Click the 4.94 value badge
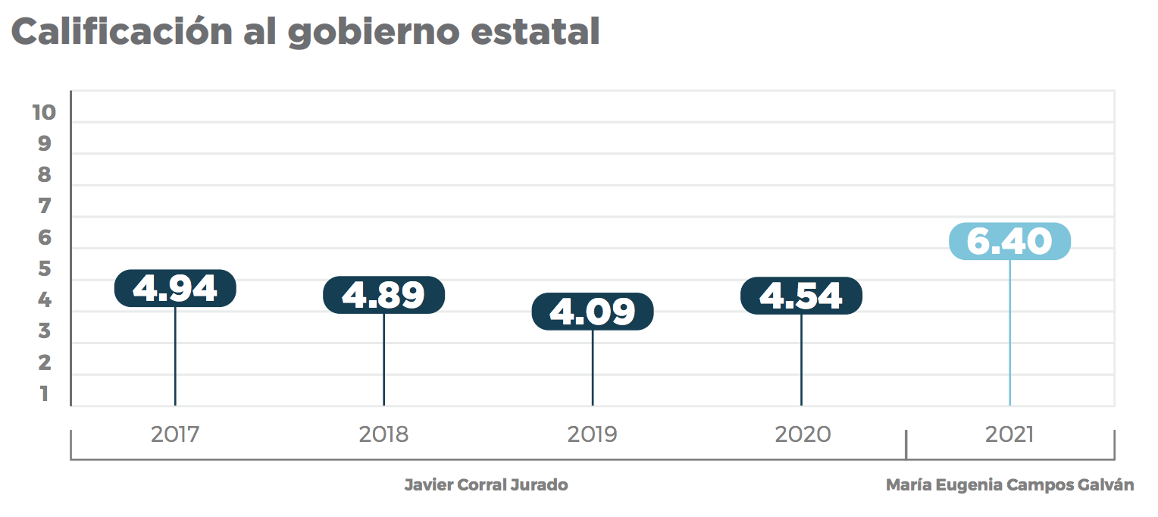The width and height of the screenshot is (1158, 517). [175, 288]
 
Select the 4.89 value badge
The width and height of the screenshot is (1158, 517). [383, 295]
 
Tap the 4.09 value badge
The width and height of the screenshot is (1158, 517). [592, 312]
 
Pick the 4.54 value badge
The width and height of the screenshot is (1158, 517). [801, 296]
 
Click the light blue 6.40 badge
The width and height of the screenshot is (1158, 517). [1009, 242]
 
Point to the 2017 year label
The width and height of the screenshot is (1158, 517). [175, 434]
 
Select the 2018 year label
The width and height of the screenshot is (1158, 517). [383, 434]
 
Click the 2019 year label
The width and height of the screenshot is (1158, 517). [592, 434]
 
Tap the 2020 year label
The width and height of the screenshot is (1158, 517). [803, 434]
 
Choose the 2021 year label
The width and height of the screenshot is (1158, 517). [1009, 434]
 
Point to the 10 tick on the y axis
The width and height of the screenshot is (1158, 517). [45, 112]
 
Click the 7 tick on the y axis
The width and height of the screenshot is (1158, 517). [45, 206]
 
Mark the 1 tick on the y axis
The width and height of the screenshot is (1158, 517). [45, 393]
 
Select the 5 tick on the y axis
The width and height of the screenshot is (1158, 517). [45, 269]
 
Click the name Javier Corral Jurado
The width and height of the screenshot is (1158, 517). [486, 485]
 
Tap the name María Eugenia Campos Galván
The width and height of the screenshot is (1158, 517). [1009, 485]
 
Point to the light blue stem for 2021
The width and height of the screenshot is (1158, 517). [1009, 334]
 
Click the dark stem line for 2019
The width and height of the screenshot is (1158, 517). [592, 368]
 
